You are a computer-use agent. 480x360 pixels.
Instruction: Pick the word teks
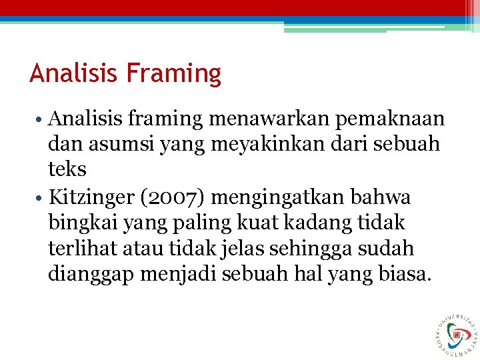point(67,169)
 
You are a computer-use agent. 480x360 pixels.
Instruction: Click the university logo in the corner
point(456,333)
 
